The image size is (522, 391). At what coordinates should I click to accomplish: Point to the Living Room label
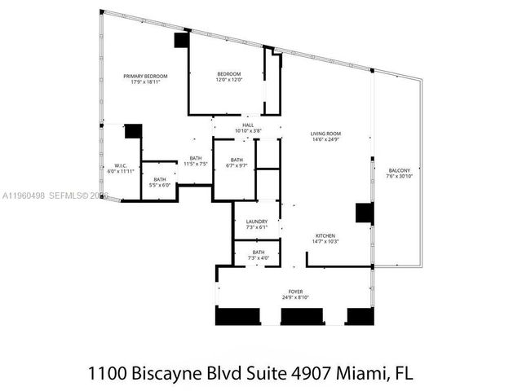pyautogui.click(x=325, y=134)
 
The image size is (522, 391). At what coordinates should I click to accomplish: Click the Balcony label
pyautogui.click(x=398, y=170)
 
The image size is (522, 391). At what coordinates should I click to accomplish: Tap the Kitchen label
pyautogui.click(x=325, y=236)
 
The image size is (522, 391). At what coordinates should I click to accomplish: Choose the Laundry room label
pyautogui.click(x=257, y=221)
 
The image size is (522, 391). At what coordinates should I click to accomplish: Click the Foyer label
pyautogui.click(x=295, y=292)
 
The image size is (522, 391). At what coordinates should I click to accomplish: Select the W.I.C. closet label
pyautogui.click(x=119, y=165)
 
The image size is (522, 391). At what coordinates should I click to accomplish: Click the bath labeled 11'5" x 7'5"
pyautogui.click(x=196, y=158)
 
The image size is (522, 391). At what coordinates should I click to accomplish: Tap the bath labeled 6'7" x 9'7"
pyautogui.click(x=237, y=160)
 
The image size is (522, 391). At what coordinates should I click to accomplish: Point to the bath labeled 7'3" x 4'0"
pyautogui.click(x=258, y=253)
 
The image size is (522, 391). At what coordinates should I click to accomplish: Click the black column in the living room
pyautogui.click(x=365, y=212)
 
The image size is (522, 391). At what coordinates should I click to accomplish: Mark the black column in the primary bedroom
pyautogui.click(x=181, y=40)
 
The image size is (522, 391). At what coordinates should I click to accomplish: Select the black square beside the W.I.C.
pyautogui.click(x=134, y=132)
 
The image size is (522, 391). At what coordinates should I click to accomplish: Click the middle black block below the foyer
pyautogui.click(x=301, y=316)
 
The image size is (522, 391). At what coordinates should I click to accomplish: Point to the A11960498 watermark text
pyautogui.click(x=24, y=195)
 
